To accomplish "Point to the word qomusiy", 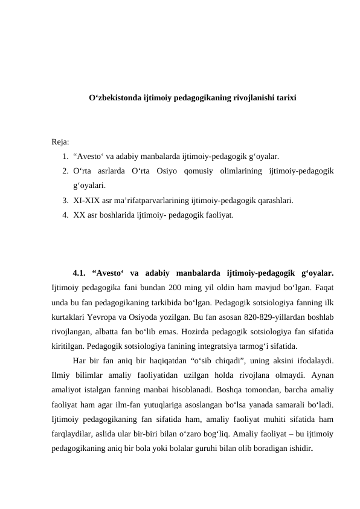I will click(209, 172).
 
